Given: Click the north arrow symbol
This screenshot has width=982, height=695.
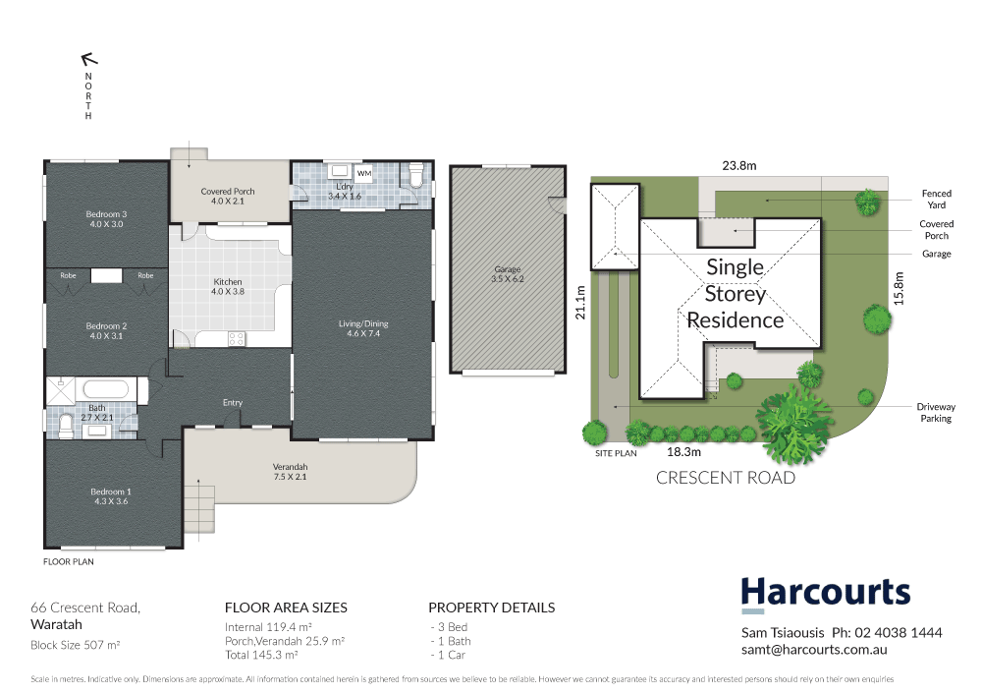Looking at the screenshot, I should (x=88, y=59).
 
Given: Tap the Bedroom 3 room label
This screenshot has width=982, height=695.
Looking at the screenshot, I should (x=107, y=219).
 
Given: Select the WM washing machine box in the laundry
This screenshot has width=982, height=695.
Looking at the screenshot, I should (x=364, y=174).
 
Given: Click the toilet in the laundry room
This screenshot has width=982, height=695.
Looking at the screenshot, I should (x=415, y=175).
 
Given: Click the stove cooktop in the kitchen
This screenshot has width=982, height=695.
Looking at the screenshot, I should (x=237, y=338).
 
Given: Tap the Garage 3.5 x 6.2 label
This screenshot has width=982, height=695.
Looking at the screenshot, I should (x=508, y=274).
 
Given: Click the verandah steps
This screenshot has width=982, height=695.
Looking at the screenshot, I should (x=198, y=509).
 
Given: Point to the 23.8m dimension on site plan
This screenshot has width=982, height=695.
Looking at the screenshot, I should (x=739, y=166).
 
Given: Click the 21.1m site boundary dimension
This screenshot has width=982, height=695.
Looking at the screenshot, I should (x=580, y=302).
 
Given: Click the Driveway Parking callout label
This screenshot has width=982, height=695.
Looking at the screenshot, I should (x=935, y=413).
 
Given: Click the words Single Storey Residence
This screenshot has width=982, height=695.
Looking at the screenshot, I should (x=735, y=293).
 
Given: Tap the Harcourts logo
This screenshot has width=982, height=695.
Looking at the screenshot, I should (x=825, y=594).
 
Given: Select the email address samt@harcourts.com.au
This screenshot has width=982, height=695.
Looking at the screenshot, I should (x=814, y=651).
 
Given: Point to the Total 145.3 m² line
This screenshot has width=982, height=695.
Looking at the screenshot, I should (x=261, y=655).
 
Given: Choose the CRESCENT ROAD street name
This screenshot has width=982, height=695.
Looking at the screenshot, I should (x=725, y=479).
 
